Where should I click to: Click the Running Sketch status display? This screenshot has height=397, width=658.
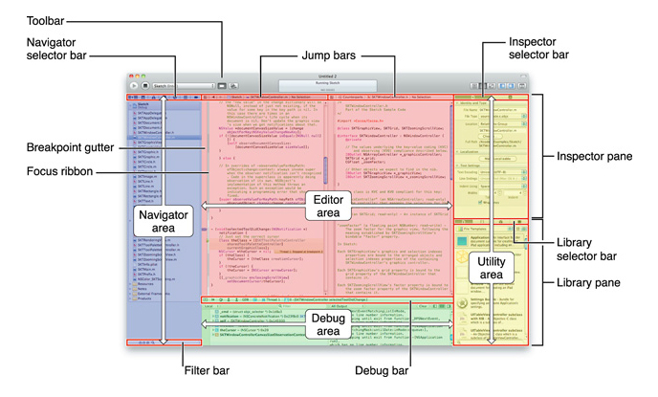(x=329, y=87)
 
